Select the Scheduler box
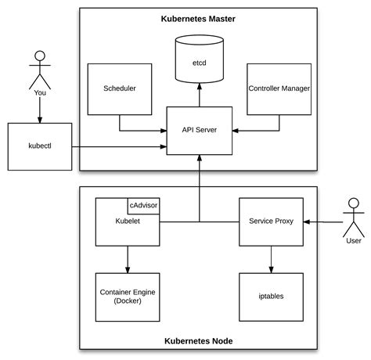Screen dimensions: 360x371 click(119, 88)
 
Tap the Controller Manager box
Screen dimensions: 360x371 click(279, 88)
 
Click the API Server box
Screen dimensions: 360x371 click(199, 130)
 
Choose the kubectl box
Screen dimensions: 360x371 click(38, 146)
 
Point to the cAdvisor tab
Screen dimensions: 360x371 click(144, 205)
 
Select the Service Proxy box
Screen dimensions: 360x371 click(270, 221)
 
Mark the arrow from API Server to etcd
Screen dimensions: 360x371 click(199, 96)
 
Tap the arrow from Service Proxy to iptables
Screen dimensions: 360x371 click(270, 258)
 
